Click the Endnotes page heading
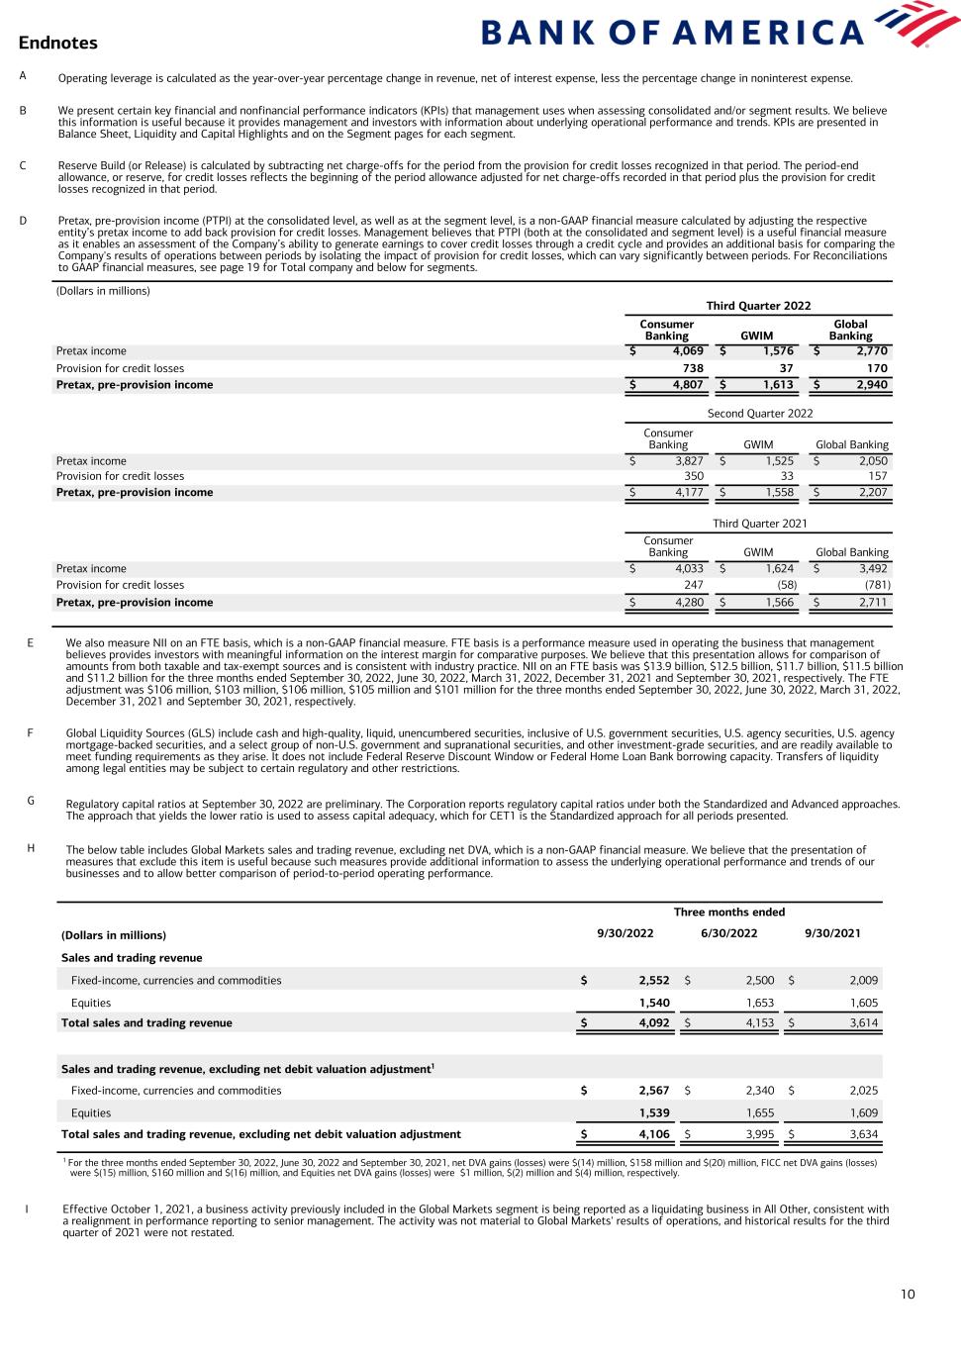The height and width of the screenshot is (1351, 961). point(57,43)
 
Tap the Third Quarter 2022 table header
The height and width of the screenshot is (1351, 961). point(758,306)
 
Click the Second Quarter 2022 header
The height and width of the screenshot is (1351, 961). point(760,414)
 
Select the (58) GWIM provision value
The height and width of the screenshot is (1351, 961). point(787,585)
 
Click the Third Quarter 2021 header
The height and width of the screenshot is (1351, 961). point(760,523)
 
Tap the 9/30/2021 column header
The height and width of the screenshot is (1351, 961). point(832,934)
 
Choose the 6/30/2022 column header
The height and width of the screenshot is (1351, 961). point(729,934)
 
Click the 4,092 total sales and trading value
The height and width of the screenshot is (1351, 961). point(654,1022)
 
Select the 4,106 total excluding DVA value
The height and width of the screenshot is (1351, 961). point(654,1134)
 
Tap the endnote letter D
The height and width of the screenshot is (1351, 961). point(23,220)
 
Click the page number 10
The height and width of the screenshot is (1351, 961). point(909,1294)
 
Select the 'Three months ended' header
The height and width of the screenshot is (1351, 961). point(729,912)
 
